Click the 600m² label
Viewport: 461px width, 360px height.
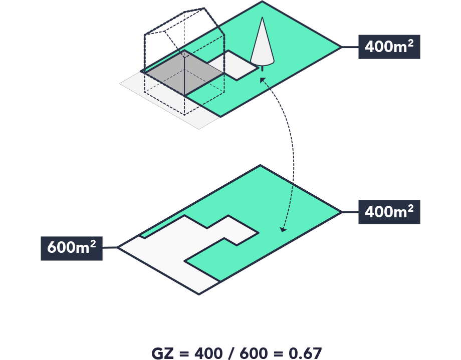pos(72,248)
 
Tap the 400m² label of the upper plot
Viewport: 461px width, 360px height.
pos(389,47)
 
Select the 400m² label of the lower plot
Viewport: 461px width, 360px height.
pos(389,212)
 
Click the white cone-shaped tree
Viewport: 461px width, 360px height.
pos(263,45)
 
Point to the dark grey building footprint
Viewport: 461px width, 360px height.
pos(183,73)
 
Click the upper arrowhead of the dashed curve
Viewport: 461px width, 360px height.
pos(262,79)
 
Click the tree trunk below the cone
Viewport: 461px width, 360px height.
pos(262,69)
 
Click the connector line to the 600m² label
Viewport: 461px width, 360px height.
pos(110,247)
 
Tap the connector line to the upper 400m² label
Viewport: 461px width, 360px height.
pos(350,47)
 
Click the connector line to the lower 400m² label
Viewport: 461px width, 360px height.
pos(350,212)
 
